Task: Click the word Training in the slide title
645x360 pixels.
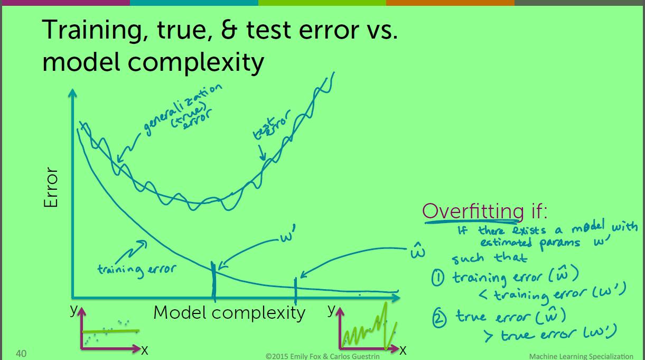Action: pos(95,30)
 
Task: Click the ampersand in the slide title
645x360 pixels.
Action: pos(229,29)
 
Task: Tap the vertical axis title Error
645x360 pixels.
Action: pos(51,187)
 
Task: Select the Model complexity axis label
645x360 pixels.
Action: pos(229,312)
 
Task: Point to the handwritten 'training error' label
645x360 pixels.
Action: pos(136,270)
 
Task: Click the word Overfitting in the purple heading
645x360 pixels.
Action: pos(473,211)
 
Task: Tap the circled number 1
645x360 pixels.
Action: pos(438,278)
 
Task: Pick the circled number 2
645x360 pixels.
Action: pos(440,319)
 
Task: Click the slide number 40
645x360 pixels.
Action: pos(21,353)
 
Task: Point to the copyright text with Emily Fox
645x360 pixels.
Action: pos(322,356)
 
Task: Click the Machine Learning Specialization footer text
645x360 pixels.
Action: pos(581,356)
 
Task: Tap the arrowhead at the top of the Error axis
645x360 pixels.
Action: pos(72,93)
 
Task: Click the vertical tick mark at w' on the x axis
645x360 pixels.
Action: pos(213,282)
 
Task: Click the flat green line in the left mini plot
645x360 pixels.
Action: pos(110,331)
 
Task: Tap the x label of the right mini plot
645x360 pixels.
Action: pos(403,350)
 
